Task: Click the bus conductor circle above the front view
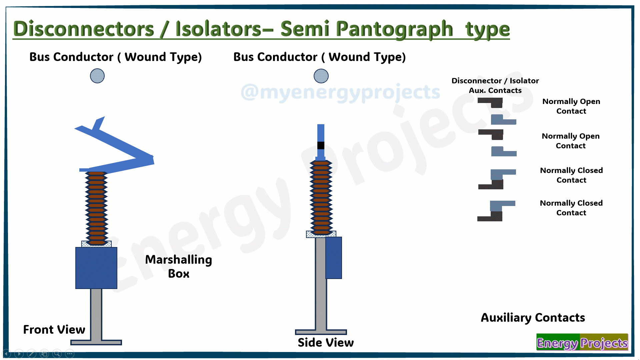coord(97,76)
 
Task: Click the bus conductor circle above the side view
coord(321,76)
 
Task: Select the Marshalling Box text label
coord(179,266)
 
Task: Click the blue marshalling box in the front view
coord(96,268)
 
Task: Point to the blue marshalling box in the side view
coord(334,258)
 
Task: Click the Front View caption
coord(54,329)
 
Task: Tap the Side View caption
coord(326,342)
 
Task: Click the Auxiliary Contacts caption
coord(533,318)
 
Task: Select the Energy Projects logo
coord(582,342)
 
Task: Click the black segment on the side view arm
coord(321,145)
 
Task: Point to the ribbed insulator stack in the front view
coord(96,208)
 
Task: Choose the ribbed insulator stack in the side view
coord(321,197)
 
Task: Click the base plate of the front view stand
coord(96,342)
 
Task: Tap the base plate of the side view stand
coord(321,332)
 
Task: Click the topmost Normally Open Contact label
coord(571,106)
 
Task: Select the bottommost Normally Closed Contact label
coord(571,208)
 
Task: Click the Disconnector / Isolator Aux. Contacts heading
coord(495,85)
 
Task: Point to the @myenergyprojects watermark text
coord(340,92)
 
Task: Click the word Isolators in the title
coord(219,29)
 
